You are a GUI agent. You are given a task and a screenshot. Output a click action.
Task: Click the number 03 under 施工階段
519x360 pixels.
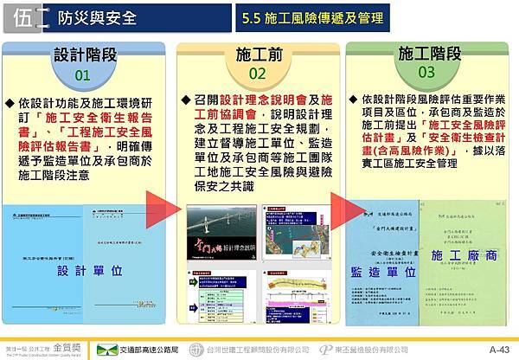(x=426, y=72)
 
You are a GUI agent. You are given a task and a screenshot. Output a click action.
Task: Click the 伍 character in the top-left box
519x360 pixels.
(x=26, y=16)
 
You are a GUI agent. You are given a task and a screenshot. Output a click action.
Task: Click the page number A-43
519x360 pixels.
(x=499, y=350)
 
